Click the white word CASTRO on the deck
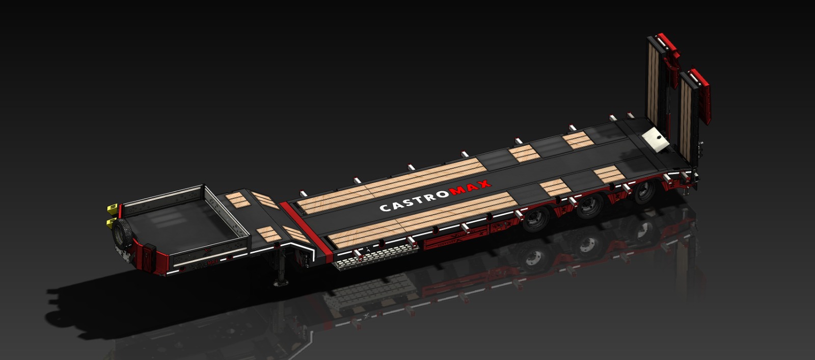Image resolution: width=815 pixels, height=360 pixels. click(x=415, y=201)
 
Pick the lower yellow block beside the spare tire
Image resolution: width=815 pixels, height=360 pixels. click(x=111, y=223)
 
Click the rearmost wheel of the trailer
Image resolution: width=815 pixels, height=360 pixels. click(x=645, y=191)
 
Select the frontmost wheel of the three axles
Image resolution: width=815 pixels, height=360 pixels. click(x=536, y=219)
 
